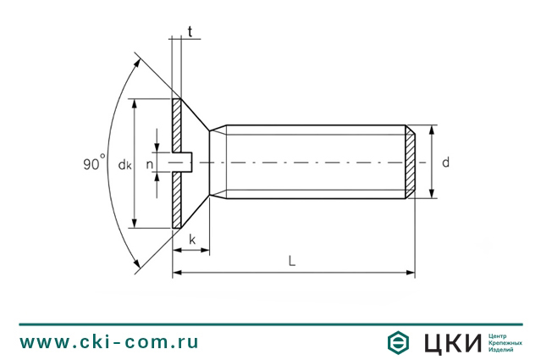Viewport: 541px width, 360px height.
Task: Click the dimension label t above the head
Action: point(190,31)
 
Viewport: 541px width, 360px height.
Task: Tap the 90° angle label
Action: point(94,163)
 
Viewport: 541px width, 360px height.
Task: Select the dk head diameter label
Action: point(124,164)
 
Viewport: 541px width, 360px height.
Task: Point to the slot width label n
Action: point(149,164)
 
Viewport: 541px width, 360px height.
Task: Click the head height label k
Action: point(192,239)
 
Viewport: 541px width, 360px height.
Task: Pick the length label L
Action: point(292,261)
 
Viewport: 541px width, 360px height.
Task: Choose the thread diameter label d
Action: point(446,162)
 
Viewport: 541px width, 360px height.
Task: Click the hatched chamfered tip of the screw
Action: point(410,162)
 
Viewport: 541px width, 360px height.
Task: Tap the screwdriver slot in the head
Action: point(182,162)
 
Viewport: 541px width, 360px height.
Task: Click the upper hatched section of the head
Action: point(176,125)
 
